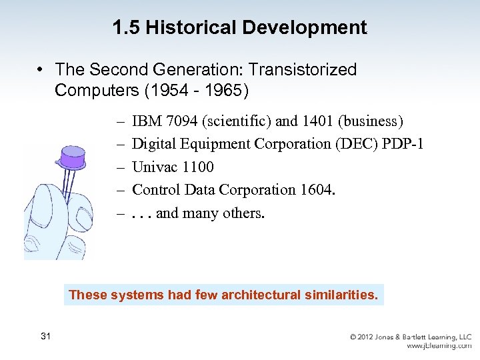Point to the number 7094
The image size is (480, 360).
pos(179,121)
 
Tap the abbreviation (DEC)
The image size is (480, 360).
pos(359,143)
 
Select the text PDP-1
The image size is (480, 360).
pos(403,143)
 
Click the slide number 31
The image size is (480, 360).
pos(45,335)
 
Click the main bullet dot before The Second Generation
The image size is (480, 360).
pos(41,70)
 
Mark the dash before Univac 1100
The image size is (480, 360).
pos(121,167)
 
